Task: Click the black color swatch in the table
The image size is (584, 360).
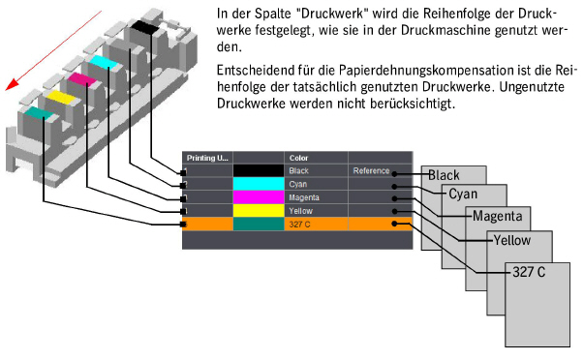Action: point(260,171)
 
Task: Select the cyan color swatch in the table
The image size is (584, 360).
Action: point(260,184)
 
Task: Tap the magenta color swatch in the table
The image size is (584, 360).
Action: point(260,197)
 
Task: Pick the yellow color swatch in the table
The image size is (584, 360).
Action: point(260,210)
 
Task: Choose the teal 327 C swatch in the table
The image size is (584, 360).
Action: point(260,224)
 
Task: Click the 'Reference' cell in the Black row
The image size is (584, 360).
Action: point(371,171)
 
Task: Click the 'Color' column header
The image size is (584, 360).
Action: point(297,157)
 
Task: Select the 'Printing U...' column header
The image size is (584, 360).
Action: point(206,157)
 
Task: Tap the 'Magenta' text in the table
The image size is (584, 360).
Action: point(304,197)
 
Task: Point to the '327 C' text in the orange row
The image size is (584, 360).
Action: point(298,224)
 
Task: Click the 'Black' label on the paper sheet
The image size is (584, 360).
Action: point(444,175)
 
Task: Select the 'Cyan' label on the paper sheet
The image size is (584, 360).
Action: point(464,194)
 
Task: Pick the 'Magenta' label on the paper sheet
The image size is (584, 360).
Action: point(498,216)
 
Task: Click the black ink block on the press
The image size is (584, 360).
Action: point(144,28)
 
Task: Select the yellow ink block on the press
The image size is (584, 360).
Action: point(61,98)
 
